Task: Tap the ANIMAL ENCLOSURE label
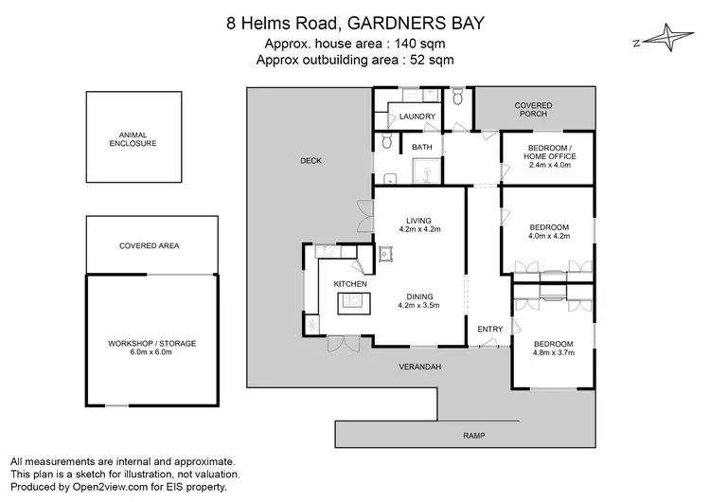[132, 139]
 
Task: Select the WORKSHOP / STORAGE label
[152, 343]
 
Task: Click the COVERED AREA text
[150, 245]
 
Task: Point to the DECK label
[311, 161]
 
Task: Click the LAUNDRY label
[417, 117]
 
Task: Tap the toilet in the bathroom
[385, 142]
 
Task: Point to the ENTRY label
[490, 329]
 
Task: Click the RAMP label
[473, 436]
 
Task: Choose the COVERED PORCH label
[533, 110]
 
